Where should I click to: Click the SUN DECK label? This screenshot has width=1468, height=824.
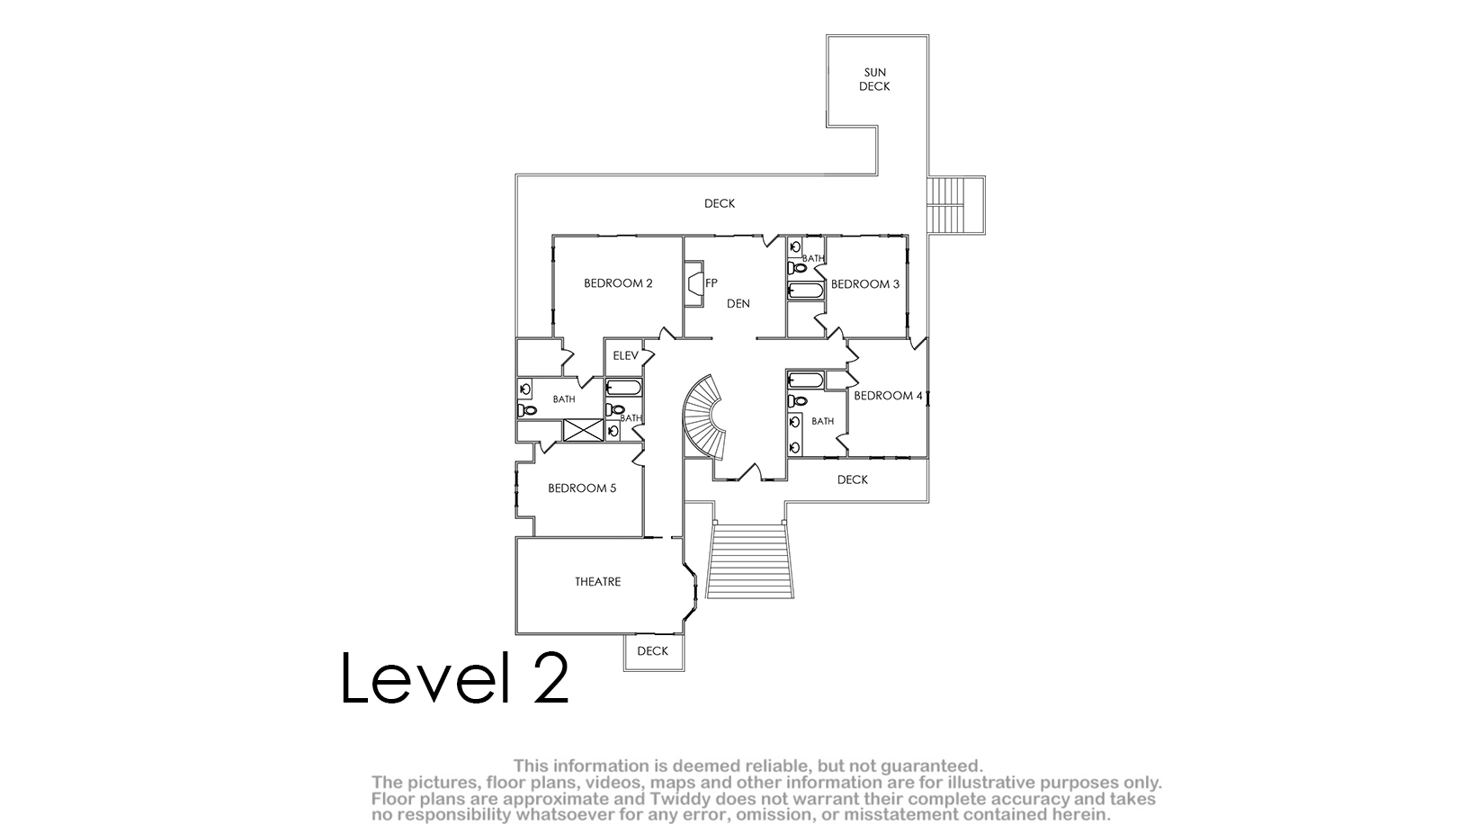click(875, 79)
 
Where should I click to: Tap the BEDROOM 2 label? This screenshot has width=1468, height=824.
click(618, 283)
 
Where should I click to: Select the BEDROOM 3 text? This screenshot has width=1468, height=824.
click(865, 284)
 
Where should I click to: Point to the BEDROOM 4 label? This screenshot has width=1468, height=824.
click(888, 395)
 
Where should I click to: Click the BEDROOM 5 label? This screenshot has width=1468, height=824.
click(582, 488)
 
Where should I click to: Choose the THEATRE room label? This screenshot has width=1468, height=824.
click(597, 581)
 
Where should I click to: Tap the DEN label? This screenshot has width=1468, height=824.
click(738, 303)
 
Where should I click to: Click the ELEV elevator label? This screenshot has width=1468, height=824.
click(625, 355)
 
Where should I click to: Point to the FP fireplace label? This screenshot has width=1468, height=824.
click(711, 283)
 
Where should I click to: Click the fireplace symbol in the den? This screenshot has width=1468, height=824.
click(694, 283)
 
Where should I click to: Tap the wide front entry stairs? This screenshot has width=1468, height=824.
click(749, 560)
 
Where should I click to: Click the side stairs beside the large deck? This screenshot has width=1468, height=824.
click(956, 204)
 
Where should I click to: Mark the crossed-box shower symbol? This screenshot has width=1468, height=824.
click(583, 430)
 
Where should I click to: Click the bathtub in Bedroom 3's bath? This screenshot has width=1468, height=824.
click(805, 291)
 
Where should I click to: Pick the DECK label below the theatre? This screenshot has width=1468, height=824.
click(653, 651)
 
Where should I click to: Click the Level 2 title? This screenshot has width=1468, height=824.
click(455, 677)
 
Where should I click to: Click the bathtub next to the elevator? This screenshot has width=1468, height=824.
click(623, 388)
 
